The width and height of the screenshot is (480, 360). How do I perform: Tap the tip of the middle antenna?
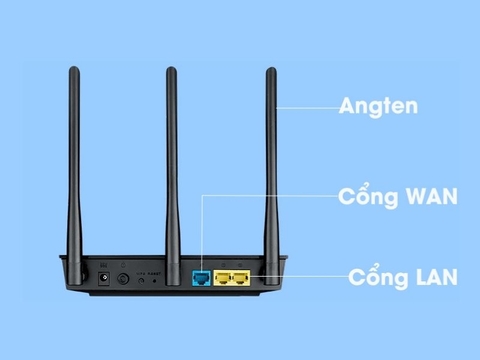pos(171,70)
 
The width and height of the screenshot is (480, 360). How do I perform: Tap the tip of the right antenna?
pos(270,70)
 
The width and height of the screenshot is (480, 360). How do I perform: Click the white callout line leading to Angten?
pos(305,105)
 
